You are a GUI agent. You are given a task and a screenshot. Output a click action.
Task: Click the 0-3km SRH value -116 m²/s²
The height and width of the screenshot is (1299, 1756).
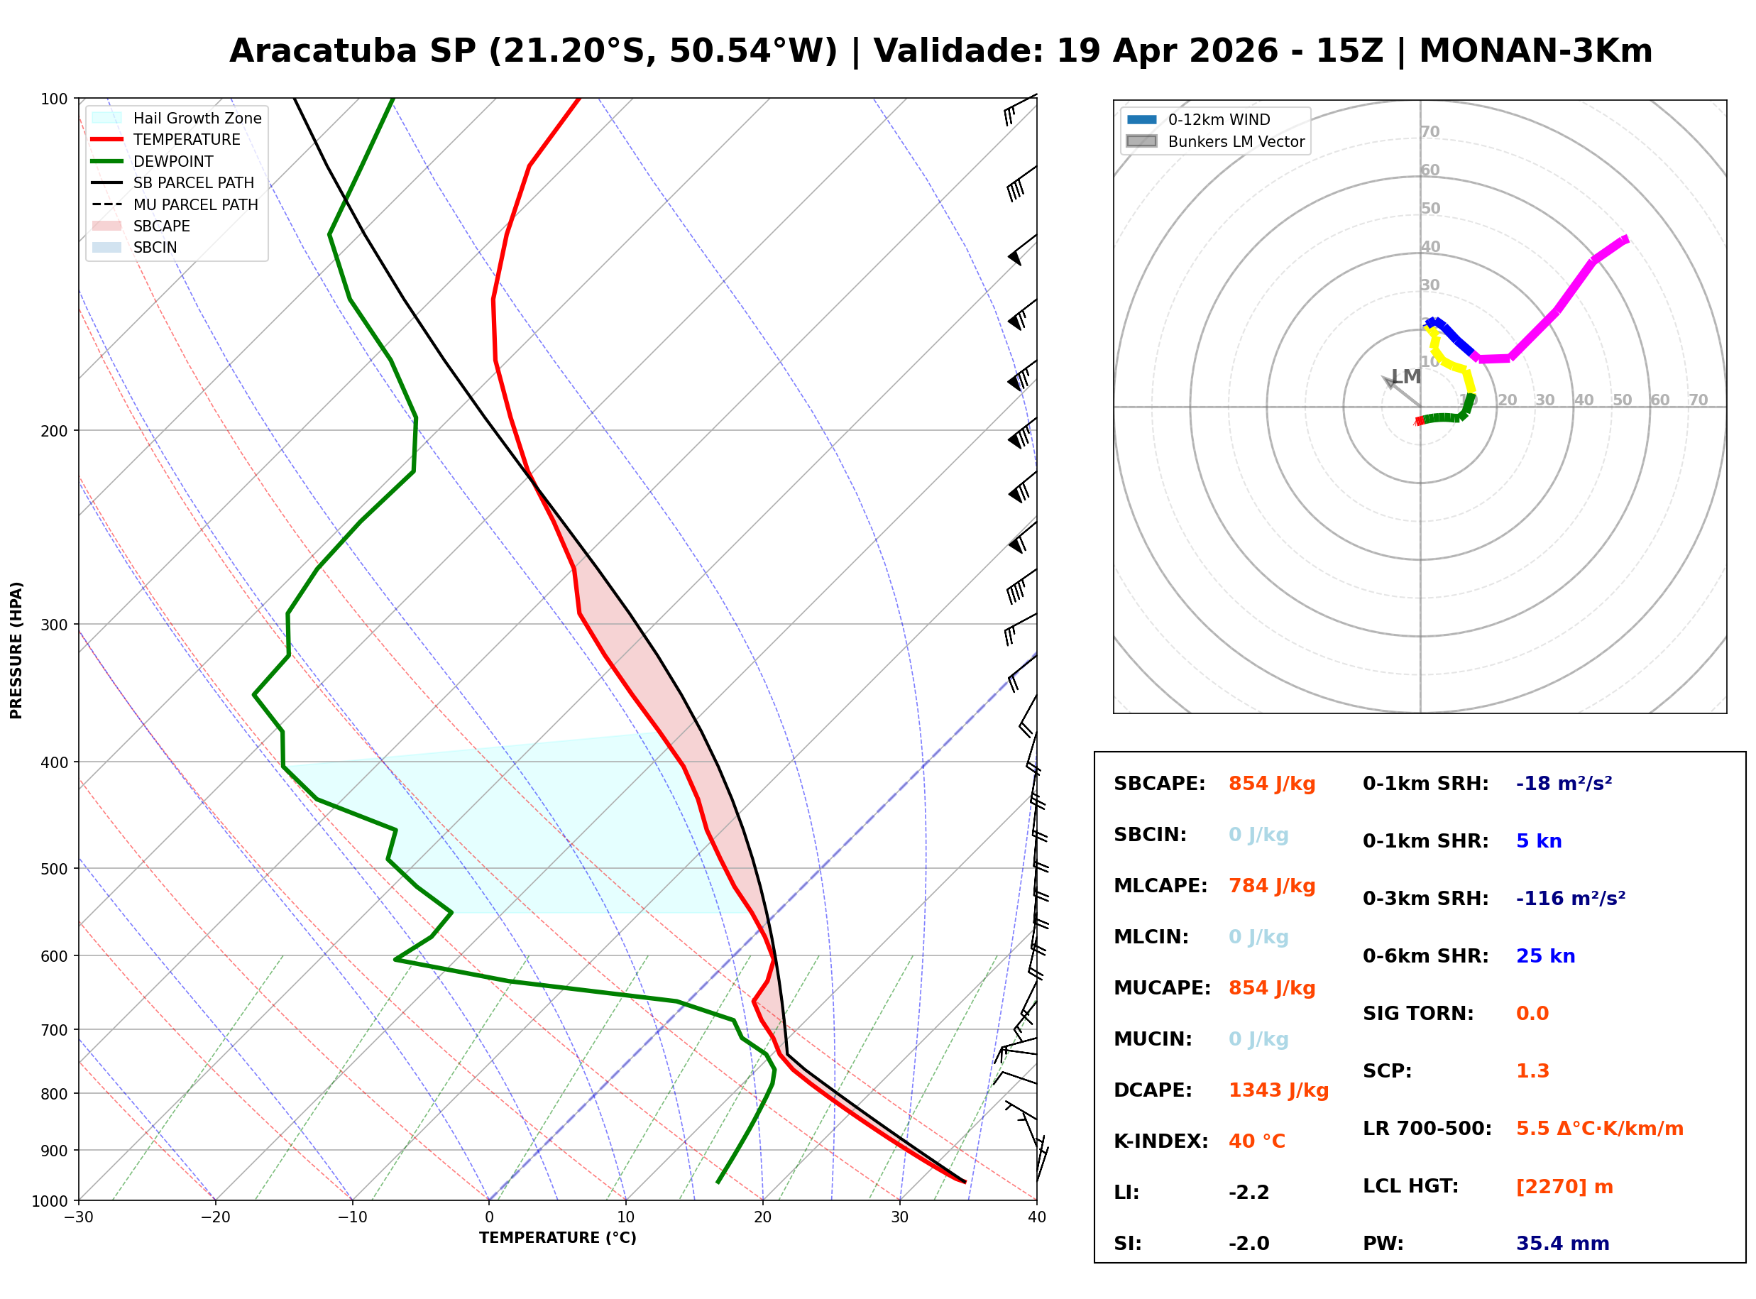tap(1570, 899)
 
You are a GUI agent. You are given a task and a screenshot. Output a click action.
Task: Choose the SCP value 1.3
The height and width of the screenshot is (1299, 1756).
tap(1532, 1071)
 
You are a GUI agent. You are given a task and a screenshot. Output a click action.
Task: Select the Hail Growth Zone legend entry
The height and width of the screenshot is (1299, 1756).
tap(197, 118)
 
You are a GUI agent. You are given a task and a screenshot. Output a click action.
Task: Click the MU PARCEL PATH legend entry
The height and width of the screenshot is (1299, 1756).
tap(195, 204)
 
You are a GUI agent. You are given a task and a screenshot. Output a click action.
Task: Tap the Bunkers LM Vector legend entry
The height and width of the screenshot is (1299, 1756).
tap(1236, 141)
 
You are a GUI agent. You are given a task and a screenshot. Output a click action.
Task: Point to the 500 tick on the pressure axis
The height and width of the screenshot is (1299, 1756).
tap(53, 869)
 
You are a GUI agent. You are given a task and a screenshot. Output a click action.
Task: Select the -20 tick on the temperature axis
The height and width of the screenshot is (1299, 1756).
tap(214, 1217)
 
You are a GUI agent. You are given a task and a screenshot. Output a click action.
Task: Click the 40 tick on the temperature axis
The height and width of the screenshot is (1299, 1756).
tap(1036, 1217)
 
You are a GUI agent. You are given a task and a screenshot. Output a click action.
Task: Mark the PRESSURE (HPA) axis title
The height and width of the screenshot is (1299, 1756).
tap(16, 650)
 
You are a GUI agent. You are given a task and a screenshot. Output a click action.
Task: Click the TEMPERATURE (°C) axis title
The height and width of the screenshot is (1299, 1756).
tap(557, 1238)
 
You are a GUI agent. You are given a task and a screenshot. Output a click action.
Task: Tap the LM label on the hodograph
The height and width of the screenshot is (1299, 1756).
tap(1405, 377)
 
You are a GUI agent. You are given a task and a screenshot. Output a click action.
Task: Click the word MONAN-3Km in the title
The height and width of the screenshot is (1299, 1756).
tap(1535, 51)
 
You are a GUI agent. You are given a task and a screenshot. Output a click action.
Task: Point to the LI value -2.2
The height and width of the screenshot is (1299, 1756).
tap(1249, 1193)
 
